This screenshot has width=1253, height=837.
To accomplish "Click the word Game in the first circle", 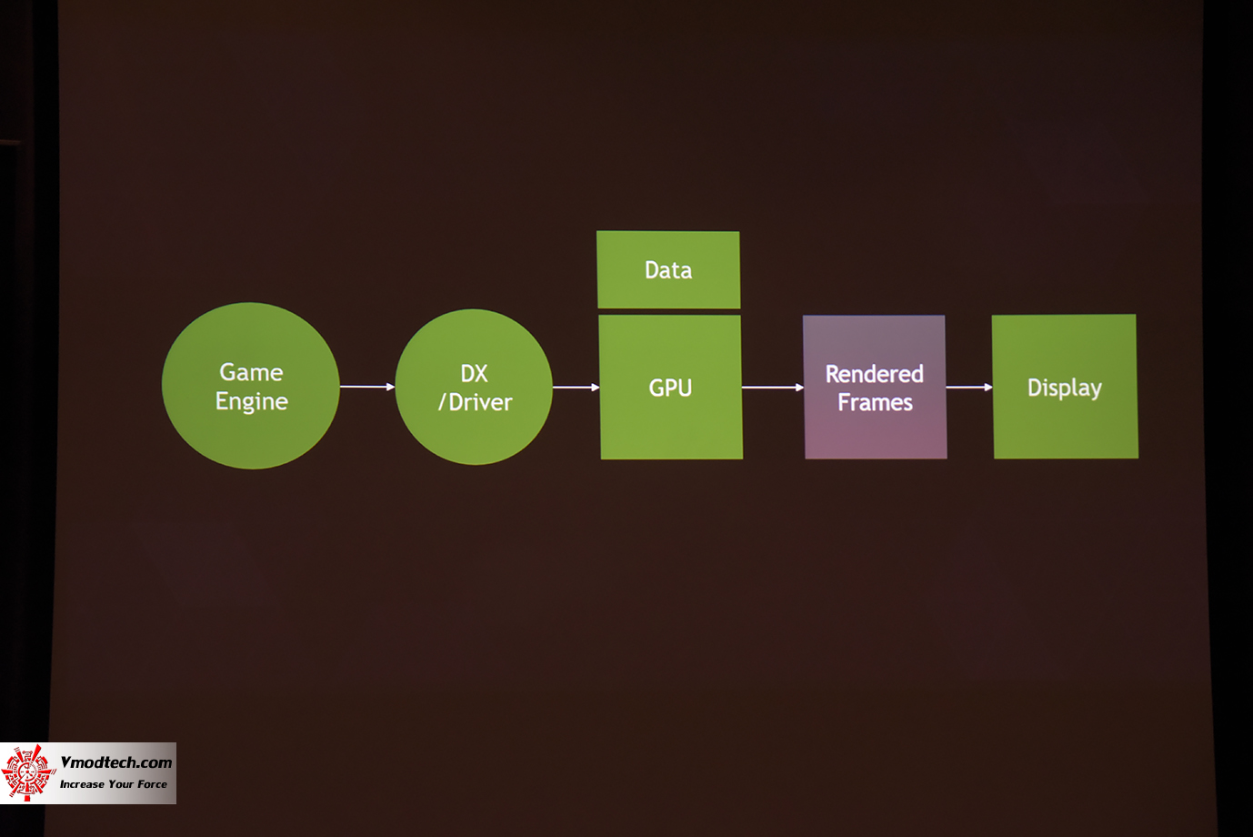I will click(251, 372).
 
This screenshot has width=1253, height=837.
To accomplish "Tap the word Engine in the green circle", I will click(252, 402).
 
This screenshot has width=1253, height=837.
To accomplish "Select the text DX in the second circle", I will click(474, 373).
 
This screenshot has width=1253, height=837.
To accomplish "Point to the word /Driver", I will click(476, 402).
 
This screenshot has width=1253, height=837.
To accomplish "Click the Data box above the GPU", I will click(668, 270).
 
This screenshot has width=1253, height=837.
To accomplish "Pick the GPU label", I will click(670, 388).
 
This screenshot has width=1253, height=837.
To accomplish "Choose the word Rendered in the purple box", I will click(874, 374).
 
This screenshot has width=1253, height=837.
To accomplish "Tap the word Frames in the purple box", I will click(875, 402).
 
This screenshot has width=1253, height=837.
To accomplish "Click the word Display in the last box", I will click(1064, 388).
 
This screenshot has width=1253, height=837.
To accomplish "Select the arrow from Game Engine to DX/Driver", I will click(366, 387).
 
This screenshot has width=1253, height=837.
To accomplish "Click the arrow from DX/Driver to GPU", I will click(576, 388).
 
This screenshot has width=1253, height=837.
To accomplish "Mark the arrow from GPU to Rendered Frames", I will click(773, 388).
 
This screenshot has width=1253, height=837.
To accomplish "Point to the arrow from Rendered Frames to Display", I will click(969, 388).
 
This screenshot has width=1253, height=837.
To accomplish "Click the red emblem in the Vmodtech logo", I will click(27, 773).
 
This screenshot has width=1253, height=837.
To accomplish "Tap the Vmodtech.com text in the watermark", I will click(115, 762).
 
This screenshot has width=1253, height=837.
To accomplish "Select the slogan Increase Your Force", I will click(114, 784).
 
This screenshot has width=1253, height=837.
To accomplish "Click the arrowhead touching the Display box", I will click(988, 388).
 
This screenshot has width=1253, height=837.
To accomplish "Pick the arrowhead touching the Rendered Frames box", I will click(799, 388).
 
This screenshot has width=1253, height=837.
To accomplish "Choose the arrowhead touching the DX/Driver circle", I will click(390, 387).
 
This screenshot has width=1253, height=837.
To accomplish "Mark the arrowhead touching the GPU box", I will click(595, 388).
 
